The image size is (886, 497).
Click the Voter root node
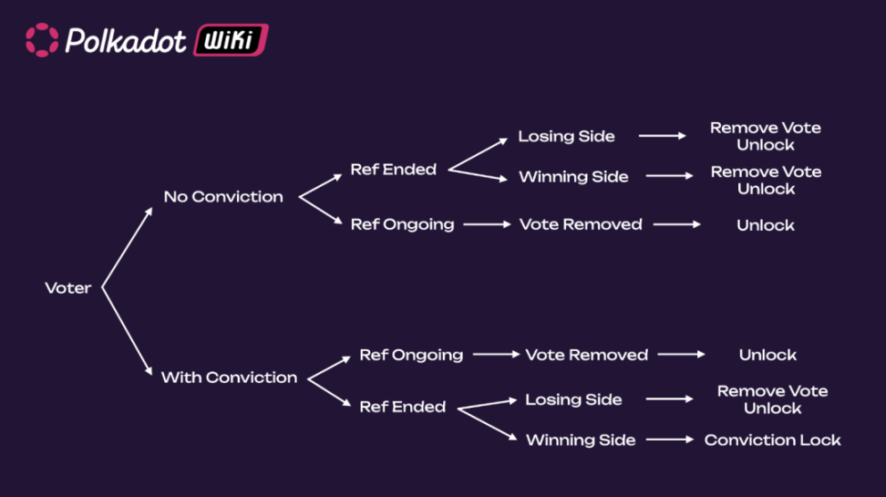pos(68,288)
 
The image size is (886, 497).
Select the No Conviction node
pos(223,197)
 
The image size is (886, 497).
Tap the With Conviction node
pos(229,378)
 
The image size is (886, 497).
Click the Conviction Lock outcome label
pos(772,440)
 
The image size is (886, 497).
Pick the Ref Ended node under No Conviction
pos(393,170)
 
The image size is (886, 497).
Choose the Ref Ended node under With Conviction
pos(402,407)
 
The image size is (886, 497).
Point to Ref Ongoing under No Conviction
pos(402,224)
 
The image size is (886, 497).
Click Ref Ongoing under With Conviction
pos(411,355)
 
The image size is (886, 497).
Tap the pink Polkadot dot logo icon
pos(42,40)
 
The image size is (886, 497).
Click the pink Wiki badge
pos(231,40)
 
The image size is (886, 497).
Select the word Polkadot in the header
pos(126,40)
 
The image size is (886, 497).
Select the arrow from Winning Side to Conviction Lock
pos(670,440)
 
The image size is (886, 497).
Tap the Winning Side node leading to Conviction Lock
pos(581,440)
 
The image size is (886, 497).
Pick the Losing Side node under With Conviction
pos(573,399)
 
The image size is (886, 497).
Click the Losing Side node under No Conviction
pos(566,137)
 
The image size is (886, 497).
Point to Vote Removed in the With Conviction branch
pos(586,355)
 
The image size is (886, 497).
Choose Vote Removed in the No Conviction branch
pos(581,224)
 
